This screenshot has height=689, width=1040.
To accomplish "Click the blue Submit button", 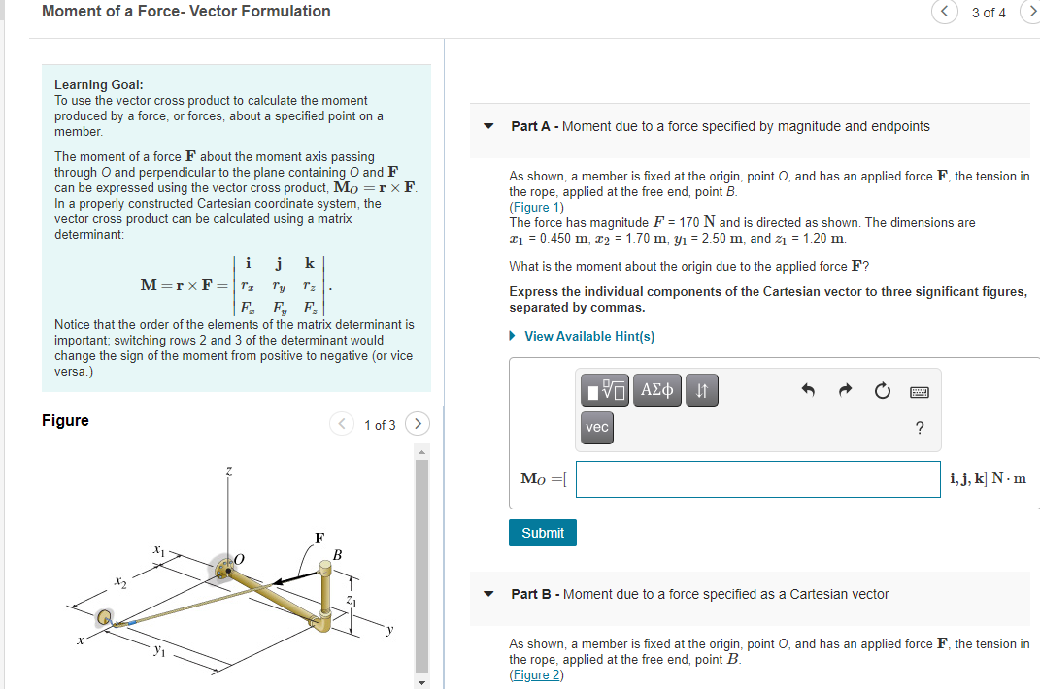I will (x=542, y=533).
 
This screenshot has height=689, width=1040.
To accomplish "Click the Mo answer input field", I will (x=757, y=479).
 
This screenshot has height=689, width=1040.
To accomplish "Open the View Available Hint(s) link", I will (x=588, y=336).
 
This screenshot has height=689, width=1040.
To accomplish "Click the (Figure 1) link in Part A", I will (x=536, y=207).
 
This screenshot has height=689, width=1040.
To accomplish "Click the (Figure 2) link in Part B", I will (x=536, y=675).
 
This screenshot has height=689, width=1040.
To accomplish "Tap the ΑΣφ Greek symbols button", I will (x=657, y=391).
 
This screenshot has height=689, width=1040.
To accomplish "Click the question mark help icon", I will (x=920, y=428).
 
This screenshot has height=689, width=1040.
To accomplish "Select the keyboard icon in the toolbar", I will (x=919, y=391).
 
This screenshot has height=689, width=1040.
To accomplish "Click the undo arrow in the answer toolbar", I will (x=807, y=391).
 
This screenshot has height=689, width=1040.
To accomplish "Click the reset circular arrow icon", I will (x=882, y=391).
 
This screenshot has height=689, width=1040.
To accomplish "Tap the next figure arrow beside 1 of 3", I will (x=418, y=424).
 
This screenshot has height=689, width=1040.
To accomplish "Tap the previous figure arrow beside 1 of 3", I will (x=342, y=424).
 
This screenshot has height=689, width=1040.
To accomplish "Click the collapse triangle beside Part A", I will (x=489, y=126).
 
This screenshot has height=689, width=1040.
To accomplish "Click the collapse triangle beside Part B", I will (x=489, y=594).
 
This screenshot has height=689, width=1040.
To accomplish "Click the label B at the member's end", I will (x=337, y=555).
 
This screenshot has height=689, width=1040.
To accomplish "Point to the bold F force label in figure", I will (x=319, y=537).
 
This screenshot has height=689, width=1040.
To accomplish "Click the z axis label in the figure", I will (x=228, y=472).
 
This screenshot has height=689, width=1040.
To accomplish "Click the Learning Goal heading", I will (x=99, y=84).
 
